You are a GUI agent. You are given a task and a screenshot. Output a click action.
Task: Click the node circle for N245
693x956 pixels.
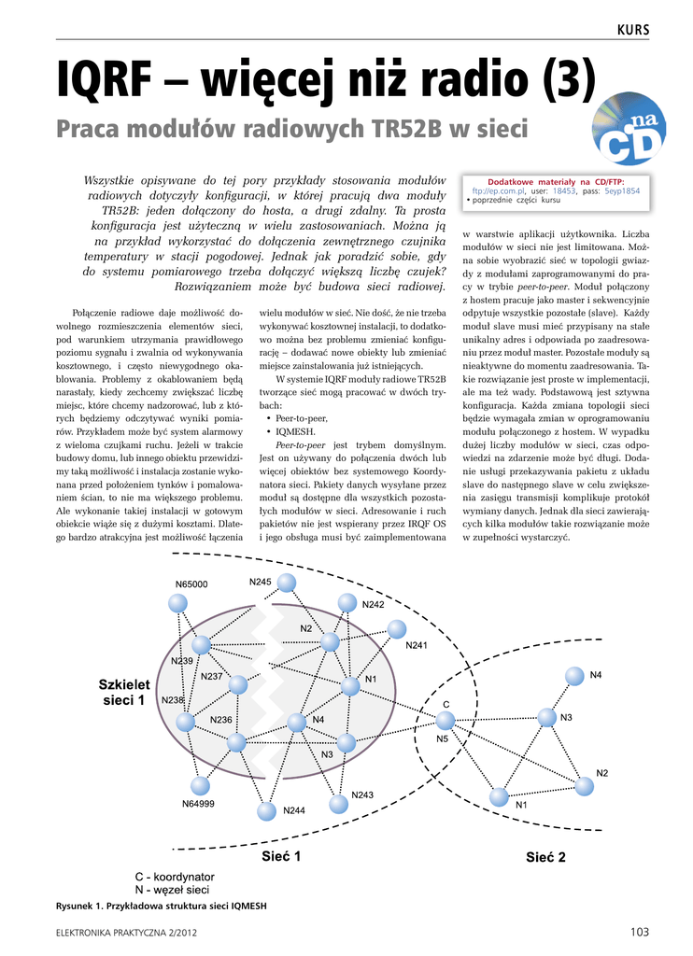point(287,583)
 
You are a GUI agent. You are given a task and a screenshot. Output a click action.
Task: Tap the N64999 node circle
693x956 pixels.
point(199,785)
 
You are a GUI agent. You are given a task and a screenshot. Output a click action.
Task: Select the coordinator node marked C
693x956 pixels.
point(445,720)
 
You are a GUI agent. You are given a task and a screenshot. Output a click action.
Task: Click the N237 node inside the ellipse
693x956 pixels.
point(238,684)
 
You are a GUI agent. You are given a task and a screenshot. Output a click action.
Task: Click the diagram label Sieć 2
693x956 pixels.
point(545,857)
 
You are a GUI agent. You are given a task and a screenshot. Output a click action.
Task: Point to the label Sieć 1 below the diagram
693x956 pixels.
point(280,855)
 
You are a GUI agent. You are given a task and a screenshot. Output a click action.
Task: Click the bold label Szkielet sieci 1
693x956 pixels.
point(121,692)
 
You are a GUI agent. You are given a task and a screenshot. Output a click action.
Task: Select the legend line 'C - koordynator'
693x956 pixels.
point(175,877)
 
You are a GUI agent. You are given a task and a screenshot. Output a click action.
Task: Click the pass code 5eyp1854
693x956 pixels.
point(622,190)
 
